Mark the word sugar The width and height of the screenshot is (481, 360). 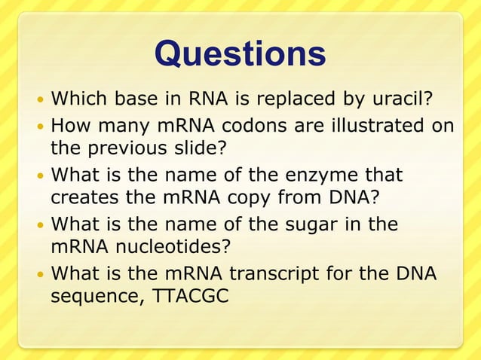[x=283, y=225]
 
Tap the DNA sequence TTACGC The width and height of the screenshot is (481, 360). [x=191, y=295]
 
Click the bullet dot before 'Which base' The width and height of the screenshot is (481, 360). [x=40, y=99]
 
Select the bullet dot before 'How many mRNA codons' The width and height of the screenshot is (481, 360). [x=40, y=127]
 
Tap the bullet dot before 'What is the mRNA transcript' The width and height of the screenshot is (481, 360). [x=40, y=275]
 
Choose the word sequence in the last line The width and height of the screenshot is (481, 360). [x=98, y=295]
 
